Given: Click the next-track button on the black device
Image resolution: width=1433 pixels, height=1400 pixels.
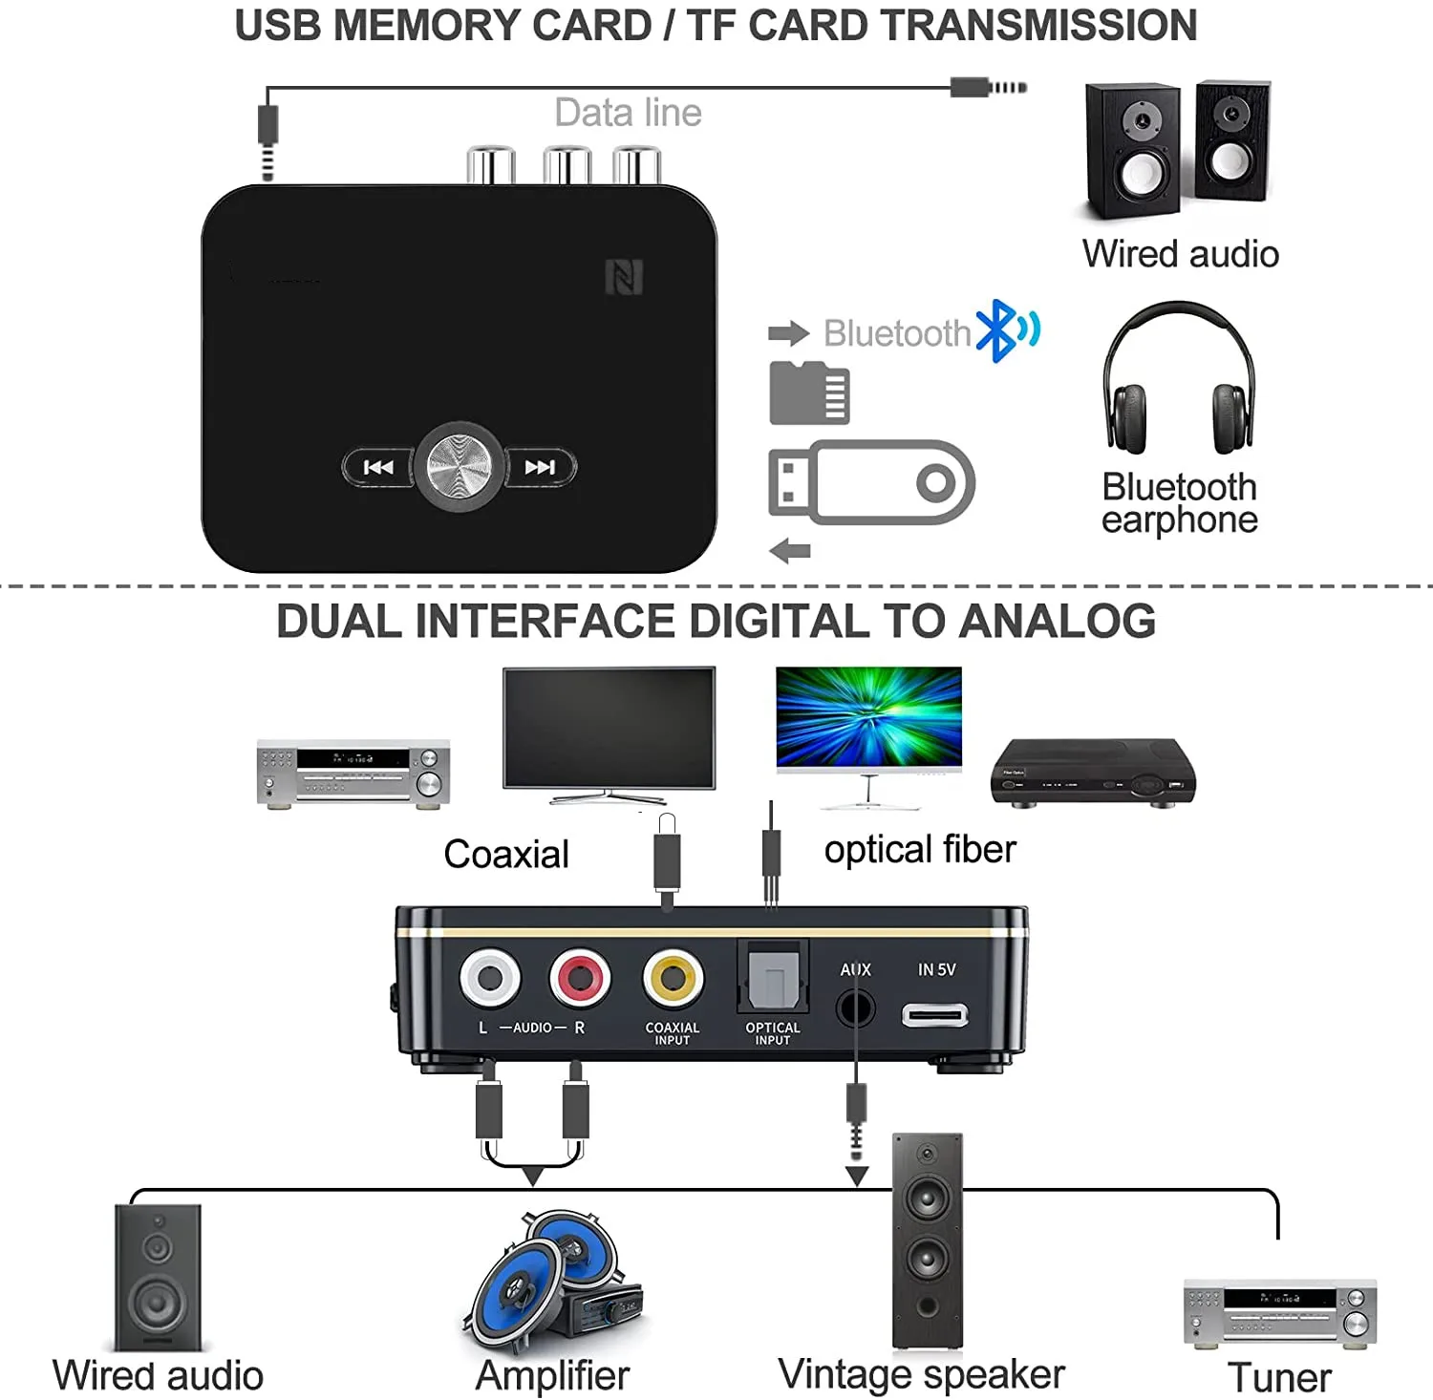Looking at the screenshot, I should tap(540, 467).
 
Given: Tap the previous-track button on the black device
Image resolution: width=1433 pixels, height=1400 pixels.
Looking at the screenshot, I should tap(378, 467).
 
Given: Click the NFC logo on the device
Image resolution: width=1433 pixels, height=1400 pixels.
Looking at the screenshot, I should tap(624, 277).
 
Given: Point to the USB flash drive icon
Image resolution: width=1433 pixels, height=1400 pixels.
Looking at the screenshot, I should tap(870, 482).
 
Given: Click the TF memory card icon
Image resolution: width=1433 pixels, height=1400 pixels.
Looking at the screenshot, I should tap(809, 392).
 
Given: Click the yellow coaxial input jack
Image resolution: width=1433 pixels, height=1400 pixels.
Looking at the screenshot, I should tap(673, 978).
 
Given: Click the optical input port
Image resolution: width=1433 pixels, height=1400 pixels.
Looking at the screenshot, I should tap(772, 982).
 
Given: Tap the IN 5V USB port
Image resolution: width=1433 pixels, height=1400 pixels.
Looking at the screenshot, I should tap(934, 1014).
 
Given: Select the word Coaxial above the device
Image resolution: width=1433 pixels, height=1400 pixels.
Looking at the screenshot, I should tap(506, 854).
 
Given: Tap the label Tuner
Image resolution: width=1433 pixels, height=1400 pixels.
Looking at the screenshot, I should tap(1279, 1377).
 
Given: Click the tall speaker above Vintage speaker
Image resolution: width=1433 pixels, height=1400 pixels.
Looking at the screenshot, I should tap(927, 1240).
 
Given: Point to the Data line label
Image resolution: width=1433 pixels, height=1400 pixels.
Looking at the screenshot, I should tap(629, 113).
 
